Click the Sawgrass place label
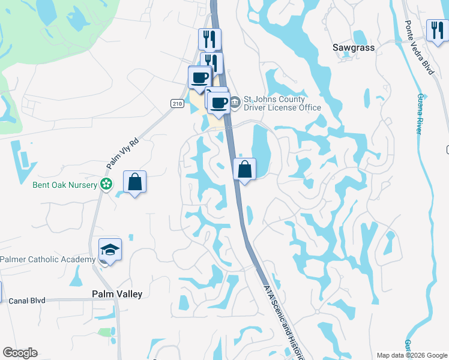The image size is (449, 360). (x=353, y=47)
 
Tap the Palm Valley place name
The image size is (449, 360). (x=117, y=294)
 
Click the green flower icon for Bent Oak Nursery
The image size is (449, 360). (x=106, y=184)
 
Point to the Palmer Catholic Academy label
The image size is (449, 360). (x=47, y=259)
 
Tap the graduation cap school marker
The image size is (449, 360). (x=110, y=249)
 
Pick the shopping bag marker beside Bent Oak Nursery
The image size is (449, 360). (x=135, y=182)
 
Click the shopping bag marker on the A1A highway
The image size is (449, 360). (x=244, y=169)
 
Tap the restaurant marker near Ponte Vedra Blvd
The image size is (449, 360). (x=436, y=31)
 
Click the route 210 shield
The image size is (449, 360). (x=176, y=103)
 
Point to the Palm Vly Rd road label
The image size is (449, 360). (x=122, y=154)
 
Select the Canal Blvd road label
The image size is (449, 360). (x=27, y=300)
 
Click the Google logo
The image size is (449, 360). (x=20, y=353)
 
